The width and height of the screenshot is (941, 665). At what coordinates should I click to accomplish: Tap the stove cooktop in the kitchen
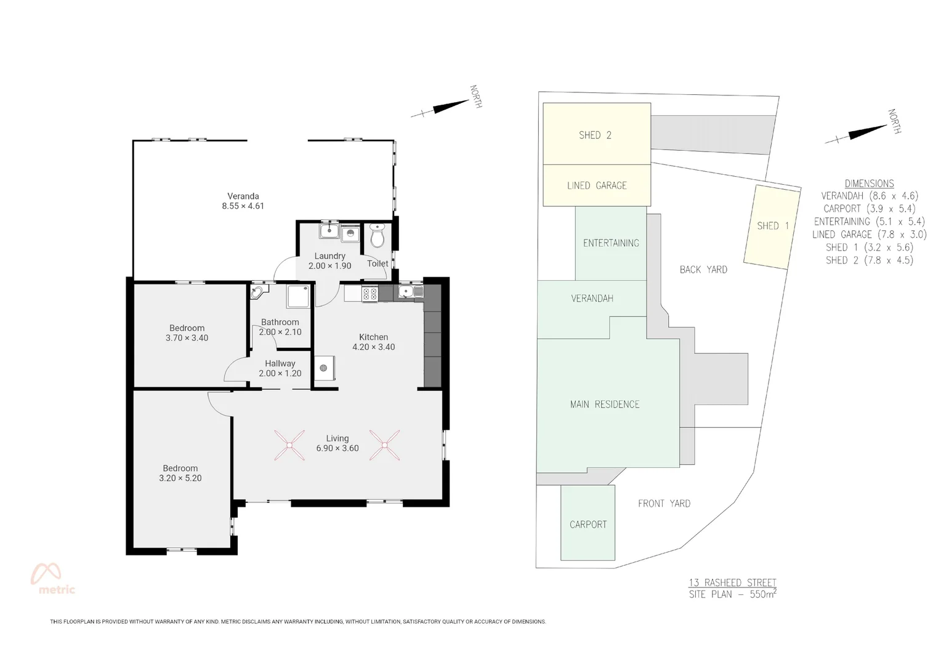[x=370, y=294]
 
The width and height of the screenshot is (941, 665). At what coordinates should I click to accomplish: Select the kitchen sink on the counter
[x=409, y=292]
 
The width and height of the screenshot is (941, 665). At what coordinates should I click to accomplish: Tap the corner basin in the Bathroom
[x=257, y=292]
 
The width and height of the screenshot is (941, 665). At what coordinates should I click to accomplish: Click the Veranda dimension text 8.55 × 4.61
[x=243, y=206]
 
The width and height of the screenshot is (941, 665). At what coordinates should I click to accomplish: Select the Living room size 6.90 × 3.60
[x=337, y=448]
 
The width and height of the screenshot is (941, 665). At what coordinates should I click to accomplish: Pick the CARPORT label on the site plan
[x=588, y=525]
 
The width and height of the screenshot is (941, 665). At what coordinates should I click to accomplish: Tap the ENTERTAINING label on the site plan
[x=611, y=243]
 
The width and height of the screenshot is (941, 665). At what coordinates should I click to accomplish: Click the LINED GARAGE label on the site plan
[x=596, y=185]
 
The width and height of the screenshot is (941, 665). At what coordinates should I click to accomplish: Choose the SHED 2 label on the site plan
[x=595, y=135]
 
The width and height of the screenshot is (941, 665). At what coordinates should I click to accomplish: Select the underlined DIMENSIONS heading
[x=869, y=183]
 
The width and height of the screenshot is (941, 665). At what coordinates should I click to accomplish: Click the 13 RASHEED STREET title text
[x=732, y=582]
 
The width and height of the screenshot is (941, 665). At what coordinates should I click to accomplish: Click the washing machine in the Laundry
[x=350, y=233]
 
